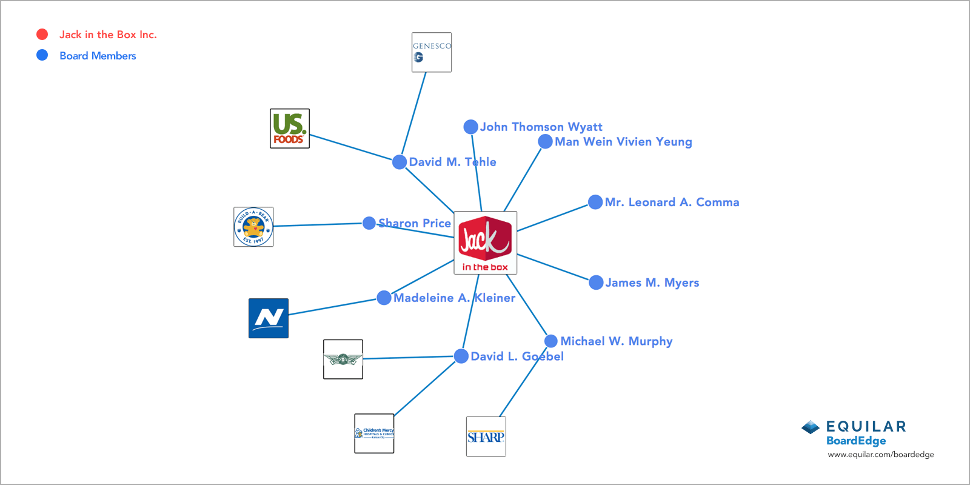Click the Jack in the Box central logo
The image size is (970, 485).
tap(485, 242)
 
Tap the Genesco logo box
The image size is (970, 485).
tap(432, 52)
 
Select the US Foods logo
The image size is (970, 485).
tap(290, 129)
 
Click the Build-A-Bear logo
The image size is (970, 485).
tap(253, 227)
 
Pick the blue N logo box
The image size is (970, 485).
tap(269, 318)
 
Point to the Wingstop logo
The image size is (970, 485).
tap(343, 360)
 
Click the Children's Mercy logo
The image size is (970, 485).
tap(374, 433)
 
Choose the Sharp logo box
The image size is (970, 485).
tap(486, 436)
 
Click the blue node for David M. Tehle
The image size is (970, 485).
tap(400, 162)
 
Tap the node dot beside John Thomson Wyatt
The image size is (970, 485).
tap(470, 127)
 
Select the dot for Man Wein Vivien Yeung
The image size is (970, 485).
tap(545, 141)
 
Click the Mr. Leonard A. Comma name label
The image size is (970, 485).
tap(672, 202)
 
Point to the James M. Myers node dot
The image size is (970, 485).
tap(596, 283)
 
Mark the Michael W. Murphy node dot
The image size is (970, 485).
tap(551, 341)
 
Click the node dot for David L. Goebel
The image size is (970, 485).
tap(461, 356)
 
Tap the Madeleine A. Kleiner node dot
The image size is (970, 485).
tap(384, 298)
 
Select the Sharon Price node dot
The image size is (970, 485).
tap(369, 223)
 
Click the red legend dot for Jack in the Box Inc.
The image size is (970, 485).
tap(42, 35)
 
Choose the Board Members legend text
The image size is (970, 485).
tap(98, 56)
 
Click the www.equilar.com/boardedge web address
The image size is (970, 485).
tap(881, 455)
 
